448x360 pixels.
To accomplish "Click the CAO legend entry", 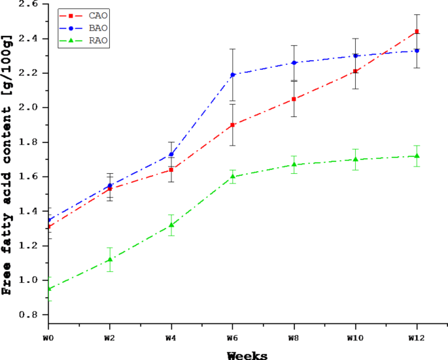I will click(x=82, y=15).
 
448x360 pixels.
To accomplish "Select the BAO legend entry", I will click(x=82, y=28).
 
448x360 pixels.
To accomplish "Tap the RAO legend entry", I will click(x=82, y=41).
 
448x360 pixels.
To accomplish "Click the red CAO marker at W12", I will click(x=417, y=31).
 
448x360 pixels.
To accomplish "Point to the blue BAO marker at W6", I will click(x=233, y=74).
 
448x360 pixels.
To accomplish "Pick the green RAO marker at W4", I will click(x=171, y=225).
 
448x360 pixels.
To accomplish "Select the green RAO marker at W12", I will click(x=417, y=155).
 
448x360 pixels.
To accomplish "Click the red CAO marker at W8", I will click(x=294, y=99).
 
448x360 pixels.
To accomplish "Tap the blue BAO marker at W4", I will click(x=171, y=154).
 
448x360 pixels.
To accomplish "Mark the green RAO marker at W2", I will click(x=110, y=259).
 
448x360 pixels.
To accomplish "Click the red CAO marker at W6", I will click(x=233, y=125).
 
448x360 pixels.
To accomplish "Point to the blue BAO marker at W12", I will click(x=417, y=50).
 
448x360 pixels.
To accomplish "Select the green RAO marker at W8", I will click(x=294, y=165).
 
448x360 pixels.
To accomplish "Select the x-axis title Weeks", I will click(x=247, y=355).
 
